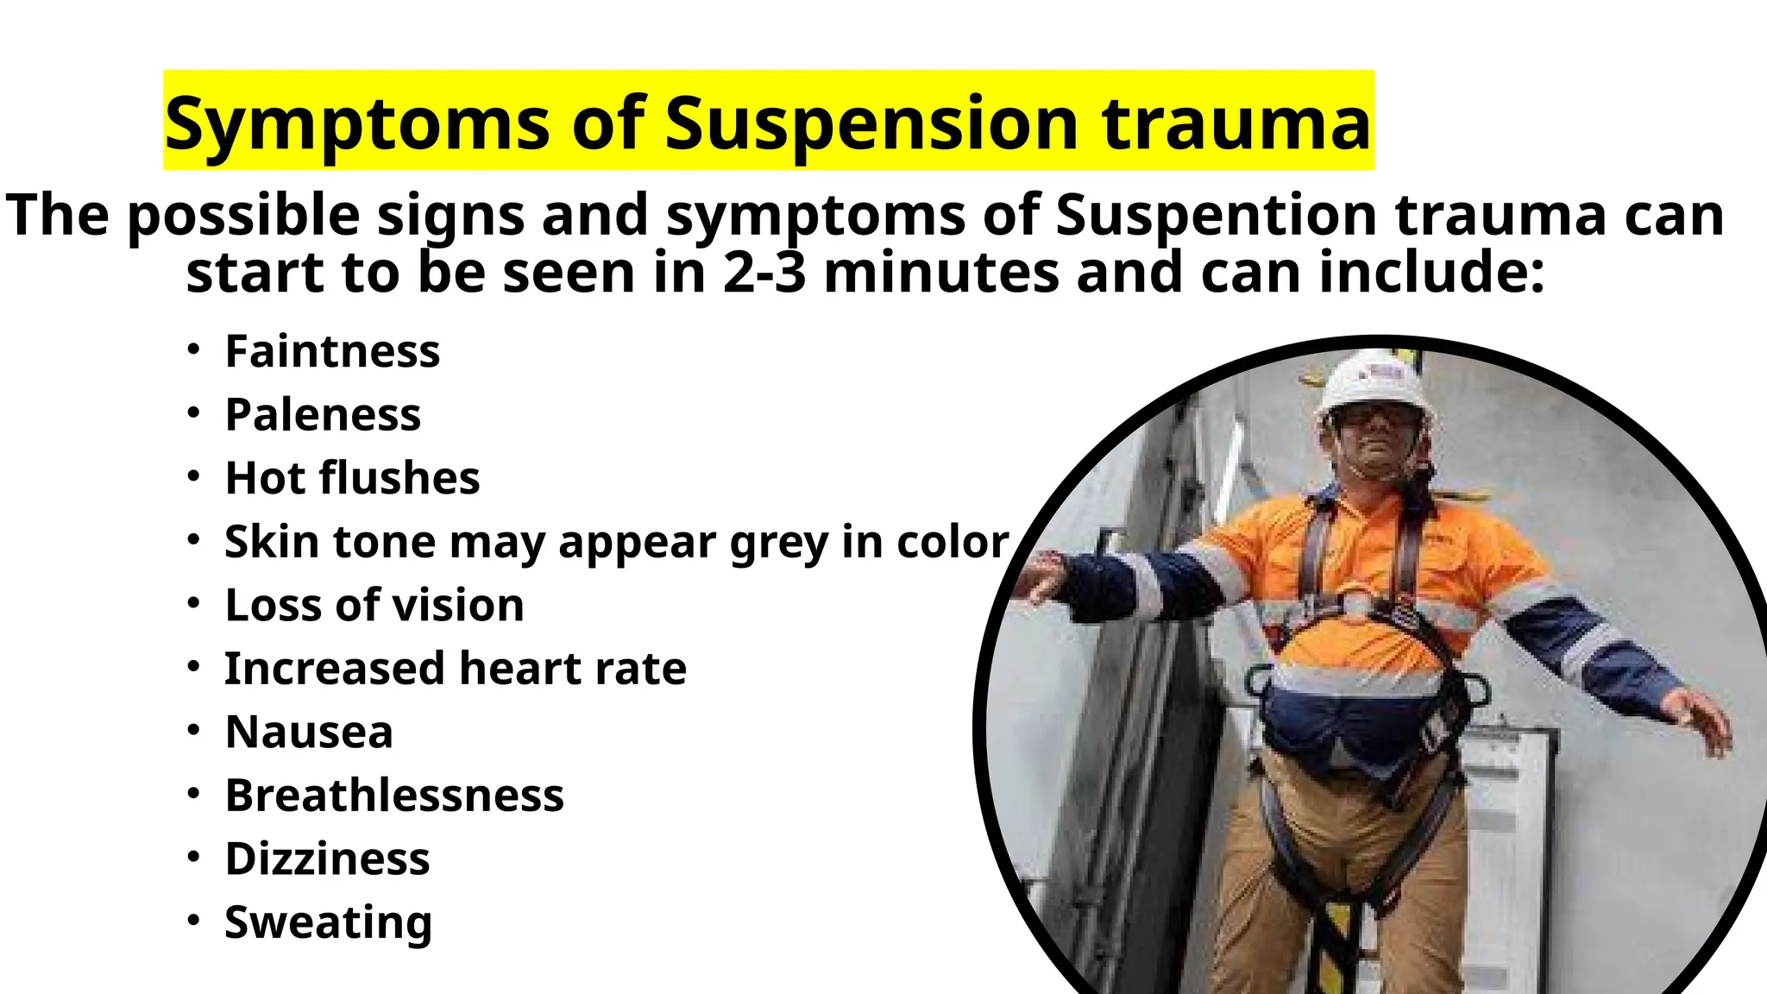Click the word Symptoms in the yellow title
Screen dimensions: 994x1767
[356, 123]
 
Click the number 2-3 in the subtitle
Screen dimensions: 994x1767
[764, 273]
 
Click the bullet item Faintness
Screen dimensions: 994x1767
[332, 352]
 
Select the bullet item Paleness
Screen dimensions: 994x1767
[323, 415]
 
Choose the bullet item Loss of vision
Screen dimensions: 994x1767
[374, 605]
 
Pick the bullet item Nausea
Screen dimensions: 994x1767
[309, 733]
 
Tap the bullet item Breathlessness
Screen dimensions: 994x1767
[394, 796]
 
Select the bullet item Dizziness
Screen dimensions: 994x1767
[327, 859]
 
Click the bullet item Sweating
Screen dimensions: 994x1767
[328, 923]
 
